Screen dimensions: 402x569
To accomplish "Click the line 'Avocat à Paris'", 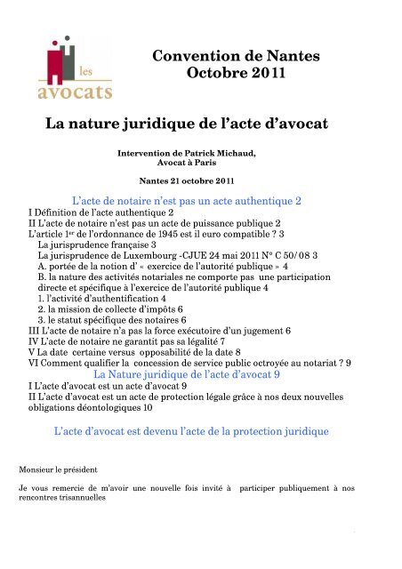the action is pyautogui.click(x=200, y=164).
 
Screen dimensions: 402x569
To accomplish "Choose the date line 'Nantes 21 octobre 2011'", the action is pyautogui.click(x=200, y=181).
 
